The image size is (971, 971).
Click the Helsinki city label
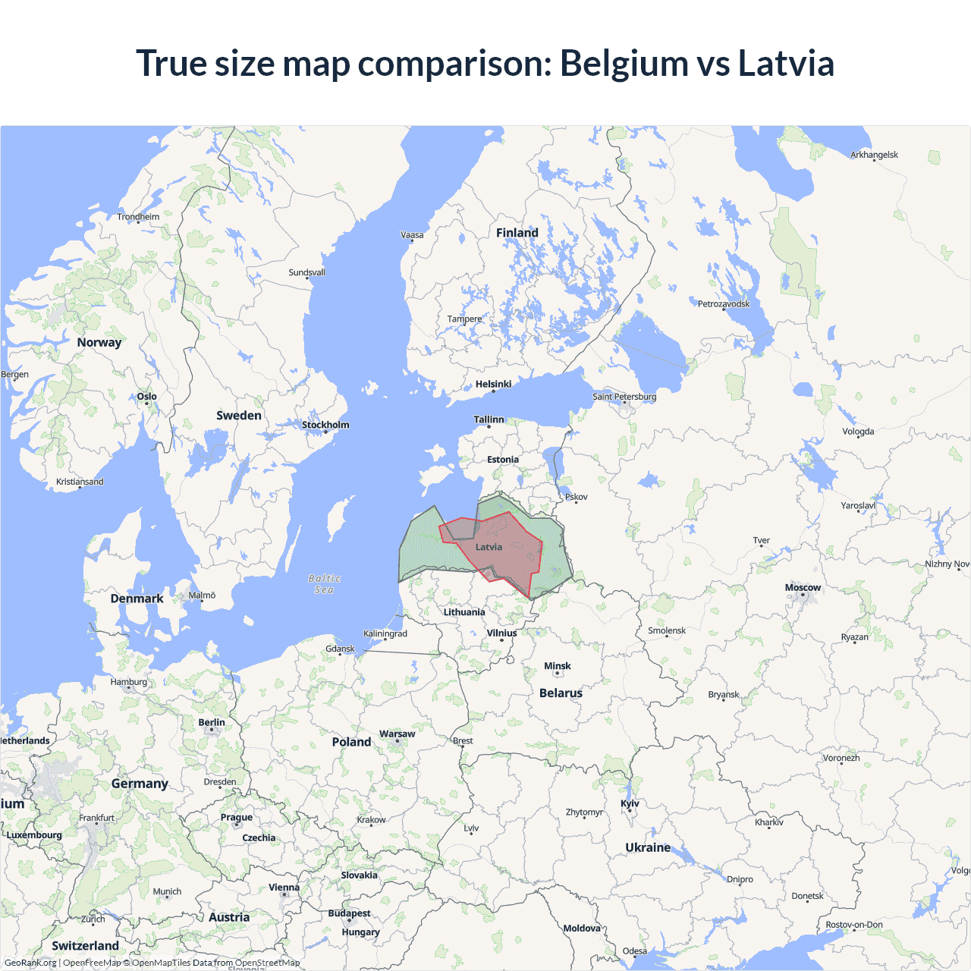tap(493, 384)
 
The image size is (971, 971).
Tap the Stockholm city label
tap(325, 425)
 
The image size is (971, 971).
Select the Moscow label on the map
tap(803, 588)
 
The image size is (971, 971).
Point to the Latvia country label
tap(489, 547)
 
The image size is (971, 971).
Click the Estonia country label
tap(503, 460)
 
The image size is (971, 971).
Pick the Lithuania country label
tap(464, 612)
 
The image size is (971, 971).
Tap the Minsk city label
tap(558, 666)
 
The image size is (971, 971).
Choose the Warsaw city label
tap(397, 734)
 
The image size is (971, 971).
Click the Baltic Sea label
tap(325, 584)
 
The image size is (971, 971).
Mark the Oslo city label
tap(147, 396)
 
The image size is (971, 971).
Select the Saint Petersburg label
tap(624, 397)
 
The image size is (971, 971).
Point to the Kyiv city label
tap(630, 803)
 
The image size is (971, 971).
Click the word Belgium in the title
tap(624, 63)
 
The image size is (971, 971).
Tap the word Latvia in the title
tap(786, 63)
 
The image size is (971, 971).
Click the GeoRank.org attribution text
tap(30, 963)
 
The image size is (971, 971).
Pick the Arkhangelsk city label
tap(874, 155)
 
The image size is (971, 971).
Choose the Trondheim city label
tap(138, 217)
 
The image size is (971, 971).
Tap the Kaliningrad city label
tap(385, 633)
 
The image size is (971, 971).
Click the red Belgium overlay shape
tap(516, 558)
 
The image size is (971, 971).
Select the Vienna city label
tap(284, 888)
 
